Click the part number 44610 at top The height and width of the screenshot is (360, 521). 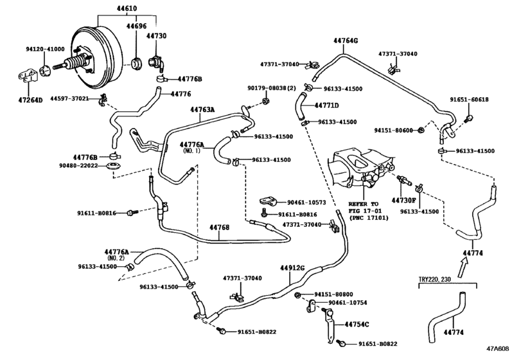(127, 8)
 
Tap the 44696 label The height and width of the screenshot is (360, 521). (136, 26)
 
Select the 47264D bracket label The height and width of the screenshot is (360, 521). (31, 100)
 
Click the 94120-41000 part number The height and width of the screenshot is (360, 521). (45, 50)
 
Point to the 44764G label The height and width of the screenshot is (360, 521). (346, 40)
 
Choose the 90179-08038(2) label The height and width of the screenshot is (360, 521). (272, 88)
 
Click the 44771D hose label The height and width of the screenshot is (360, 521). (326, 105)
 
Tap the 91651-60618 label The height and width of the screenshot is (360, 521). (469, 100)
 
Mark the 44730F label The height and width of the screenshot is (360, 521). (403, 200)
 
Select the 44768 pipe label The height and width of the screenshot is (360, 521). (219, 228)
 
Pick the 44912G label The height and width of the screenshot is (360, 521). (292, 267)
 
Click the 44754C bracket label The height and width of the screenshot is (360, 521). (357, 324)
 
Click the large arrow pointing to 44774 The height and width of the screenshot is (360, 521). (463, 268)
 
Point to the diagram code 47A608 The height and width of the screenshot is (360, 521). (498, 348)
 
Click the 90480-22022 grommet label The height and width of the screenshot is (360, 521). (78, 165)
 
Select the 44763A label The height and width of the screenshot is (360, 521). (202, 109)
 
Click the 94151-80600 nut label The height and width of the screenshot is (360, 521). (393, 130)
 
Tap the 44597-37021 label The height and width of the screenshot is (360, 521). (69, 98)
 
